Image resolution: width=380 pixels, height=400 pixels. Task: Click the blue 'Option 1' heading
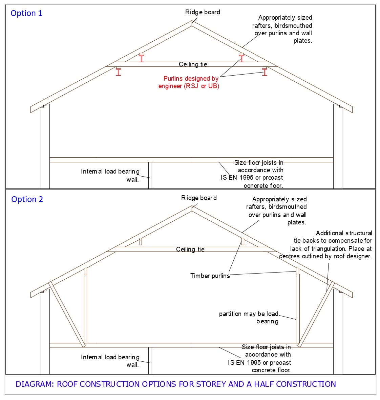tap(26, 13)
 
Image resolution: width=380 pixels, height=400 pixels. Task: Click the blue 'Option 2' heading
tap(27, 199)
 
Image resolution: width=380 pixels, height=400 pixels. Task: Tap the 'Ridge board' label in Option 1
tap(203, 12)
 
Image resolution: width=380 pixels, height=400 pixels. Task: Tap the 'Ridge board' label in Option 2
tap(199, 198)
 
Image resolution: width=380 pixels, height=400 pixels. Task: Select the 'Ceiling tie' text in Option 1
tap(193, 64)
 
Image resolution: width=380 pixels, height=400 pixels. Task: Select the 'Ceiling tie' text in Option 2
tap(190, 249)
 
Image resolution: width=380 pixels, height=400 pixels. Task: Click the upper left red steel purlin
tap(141, 57)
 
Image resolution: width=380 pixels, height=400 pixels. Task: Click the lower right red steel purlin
tap(265, 71)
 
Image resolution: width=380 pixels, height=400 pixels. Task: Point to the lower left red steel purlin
tap(118, 71)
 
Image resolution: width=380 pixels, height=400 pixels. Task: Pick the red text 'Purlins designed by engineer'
tap(189, 82)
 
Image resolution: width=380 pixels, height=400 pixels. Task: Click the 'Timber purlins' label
tap(210, 276)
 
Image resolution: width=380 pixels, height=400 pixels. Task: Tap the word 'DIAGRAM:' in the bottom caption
tap(35, 384)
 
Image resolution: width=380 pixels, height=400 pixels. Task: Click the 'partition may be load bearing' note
tap(249, 317)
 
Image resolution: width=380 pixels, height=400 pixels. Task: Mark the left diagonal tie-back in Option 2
tap(67, 314)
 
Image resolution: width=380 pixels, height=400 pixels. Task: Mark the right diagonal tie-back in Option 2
tap(316, 314)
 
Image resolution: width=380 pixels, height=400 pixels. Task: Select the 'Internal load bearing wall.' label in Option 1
tap(110, 175)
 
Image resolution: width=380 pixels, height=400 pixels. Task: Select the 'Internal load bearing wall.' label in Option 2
tap(110, 361)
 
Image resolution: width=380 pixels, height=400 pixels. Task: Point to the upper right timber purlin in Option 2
tap(242, 241)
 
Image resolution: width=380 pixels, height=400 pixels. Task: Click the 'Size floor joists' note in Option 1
tap(252, 174)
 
